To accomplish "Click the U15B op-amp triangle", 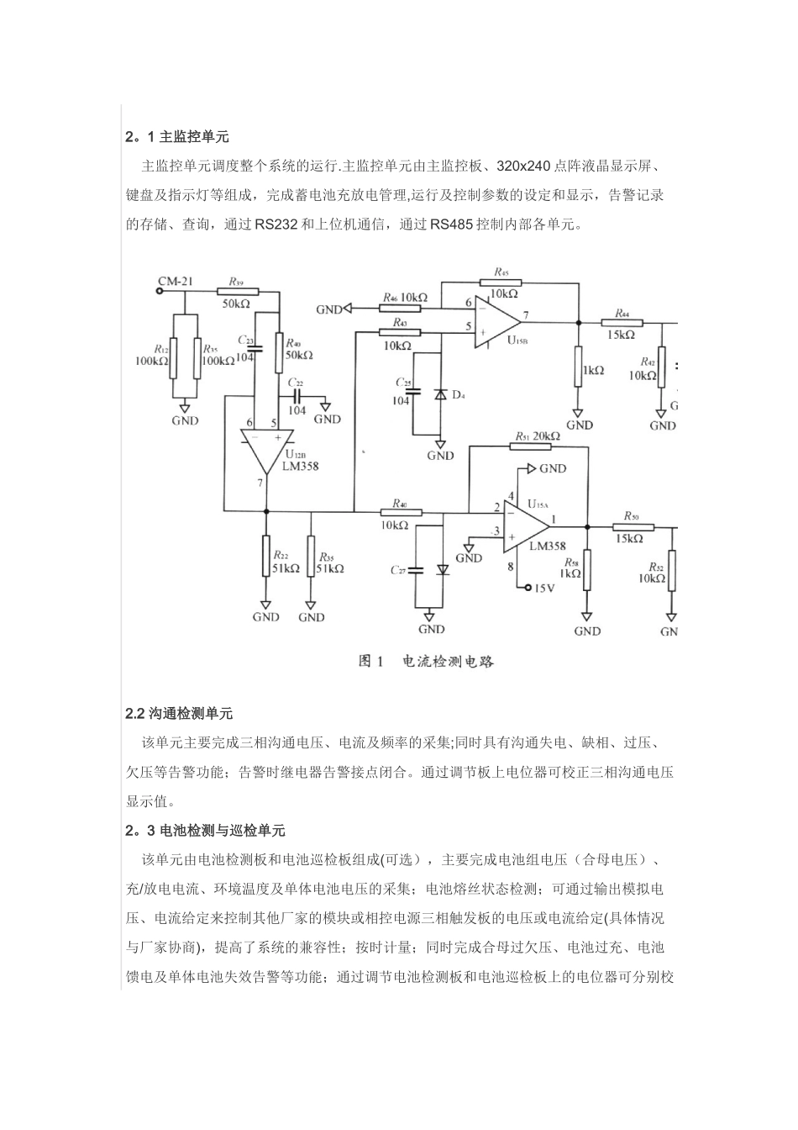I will (x=496, y=319).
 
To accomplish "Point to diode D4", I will (x=439, y=394).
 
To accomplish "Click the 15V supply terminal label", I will (x=543, y=588).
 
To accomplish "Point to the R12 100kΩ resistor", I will (x=173, y=357).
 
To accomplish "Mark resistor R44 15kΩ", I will (x=622, y=322).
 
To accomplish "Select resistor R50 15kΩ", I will (x=633, y=526).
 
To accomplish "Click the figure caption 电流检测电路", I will (x=448, y=662).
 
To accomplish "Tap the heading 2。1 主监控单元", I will (x=177, y=136).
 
